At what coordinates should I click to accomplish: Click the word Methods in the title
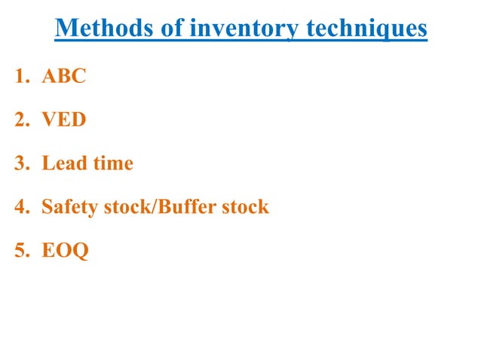click(100, 29)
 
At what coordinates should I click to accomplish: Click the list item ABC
click(63, 77)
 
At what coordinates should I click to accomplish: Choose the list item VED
click(63, 120)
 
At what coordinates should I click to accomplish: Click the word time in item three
click(112, 163)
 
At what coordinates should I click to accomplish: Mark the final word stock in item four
click(246, 206)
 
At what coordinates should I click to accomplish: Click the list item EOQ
click(65, 250)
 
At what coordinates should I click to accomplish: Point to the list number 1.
click(19, 77)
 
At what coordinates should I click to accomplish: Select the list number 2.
click(19, 120)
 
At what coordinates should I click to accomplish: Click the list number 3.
click(19, 163)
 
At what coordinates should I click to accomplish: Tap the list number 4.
click(19, 206)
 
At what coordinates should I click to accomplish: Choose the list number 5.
click(19, 250)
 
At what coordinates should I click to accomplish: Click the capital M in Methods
click(66, 29)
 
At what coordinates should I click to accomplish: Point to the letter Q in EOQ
click(79, 251)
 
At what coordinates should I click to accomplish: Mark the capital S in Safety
click(47, 206)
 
